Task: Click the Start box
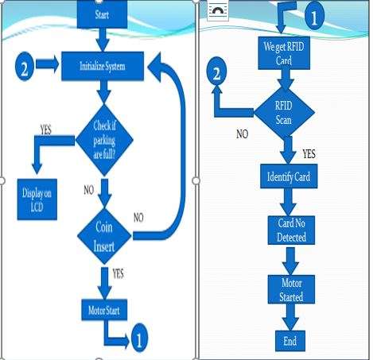(102, 14)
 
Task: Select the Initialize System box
(103, 66)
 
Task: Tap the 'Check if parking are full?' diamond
(104, 140)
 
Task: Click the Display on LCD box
(37, 199)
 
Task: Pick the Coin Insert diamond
(104, 236)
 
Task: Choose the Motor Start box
(104, 310)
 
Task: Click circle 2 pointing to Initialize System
(25, 68)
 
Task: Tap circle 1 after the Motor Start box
(139, 338)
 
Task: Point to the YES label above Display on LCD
(46, 130)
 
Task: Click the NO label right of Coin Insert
(138, 218)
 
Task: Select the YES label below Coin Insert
(118, 273)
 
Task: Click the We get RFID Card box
(284, 53)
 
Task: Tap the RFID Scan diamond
(284, 112)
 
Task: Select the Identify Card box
(289, 176)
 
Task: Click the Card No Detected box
(291, 230)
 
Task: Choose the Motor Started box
(291, 289)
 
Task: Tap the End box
(290, 341)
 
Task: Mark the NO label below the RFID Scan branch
(243, 134)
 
